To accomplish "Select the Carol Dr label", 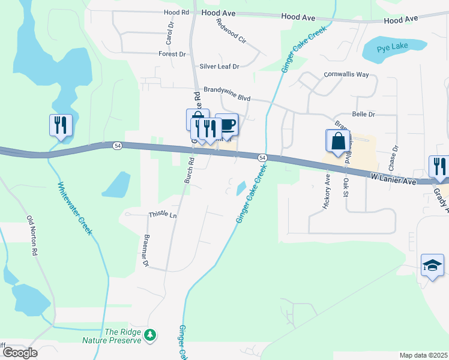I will click(170, 34).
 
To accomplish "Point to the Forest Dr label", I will click(172, 54).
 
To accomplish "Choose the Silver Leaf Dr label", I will click(219, 66).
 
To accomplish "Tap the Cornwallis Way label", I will click(346, 74).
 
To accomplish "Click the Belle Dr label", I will click(363, 113).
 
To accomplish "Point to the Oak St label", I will click(346, 187).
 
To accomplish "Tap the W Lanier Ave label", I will click(393, 179).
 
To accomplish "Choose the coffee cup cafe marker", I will click(228, 124).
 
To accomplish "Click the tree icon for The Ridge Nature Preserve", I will click(151, 335).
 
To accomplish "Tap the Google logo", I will click(20, 352).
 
